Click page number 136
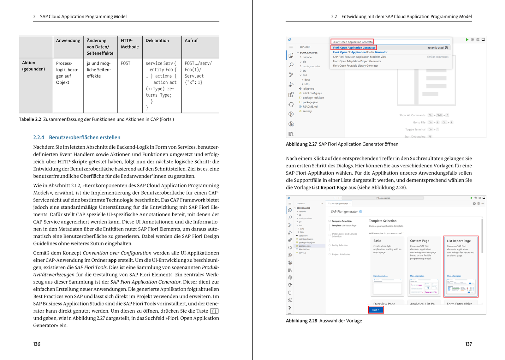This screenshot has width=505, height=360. (x=37, y=344)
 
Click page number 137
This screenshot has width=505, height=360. (x=468, y=344)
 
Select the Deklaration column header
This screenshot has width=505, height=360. (x=157, y=40)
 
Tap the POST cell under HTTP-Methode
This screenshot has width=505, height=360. (x=126, y=63)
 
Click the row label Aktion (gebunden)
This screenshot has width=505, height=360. (x=33, y=66)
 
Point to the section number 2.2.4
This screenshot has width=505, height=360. (x=39, y=137)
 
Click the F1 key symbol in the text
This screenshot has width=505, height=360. (x=214, y=311)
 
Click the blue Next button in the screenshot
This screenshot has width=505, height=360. (x=376, y=310)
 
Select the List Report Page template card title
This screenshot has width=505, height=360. (x=459, y=241)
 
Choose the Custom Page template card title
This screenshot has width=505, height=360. (x=419, y=241)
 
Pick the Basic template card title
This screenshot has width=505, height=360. (x=377, y=241)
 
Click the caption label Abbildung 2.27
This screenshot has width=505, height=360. (x=301, y=144)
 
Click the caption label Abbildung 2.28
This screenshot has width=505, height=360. (x=301, y=321)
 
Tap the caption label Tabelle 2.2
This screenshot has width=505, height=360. (x=30, y=119)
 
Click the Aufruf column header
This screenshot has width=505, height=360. (x=191, y=40)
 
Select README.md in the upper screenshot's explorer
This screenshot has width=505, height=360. (x=310, y=107)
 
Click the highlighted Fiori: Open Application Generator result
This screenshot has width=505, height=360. (x=354, y=48)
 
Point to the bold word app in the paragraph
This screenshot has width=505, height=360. (x=112, y=260)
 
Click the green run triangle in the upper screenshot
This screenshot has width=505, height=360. (x=467, y=40)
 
